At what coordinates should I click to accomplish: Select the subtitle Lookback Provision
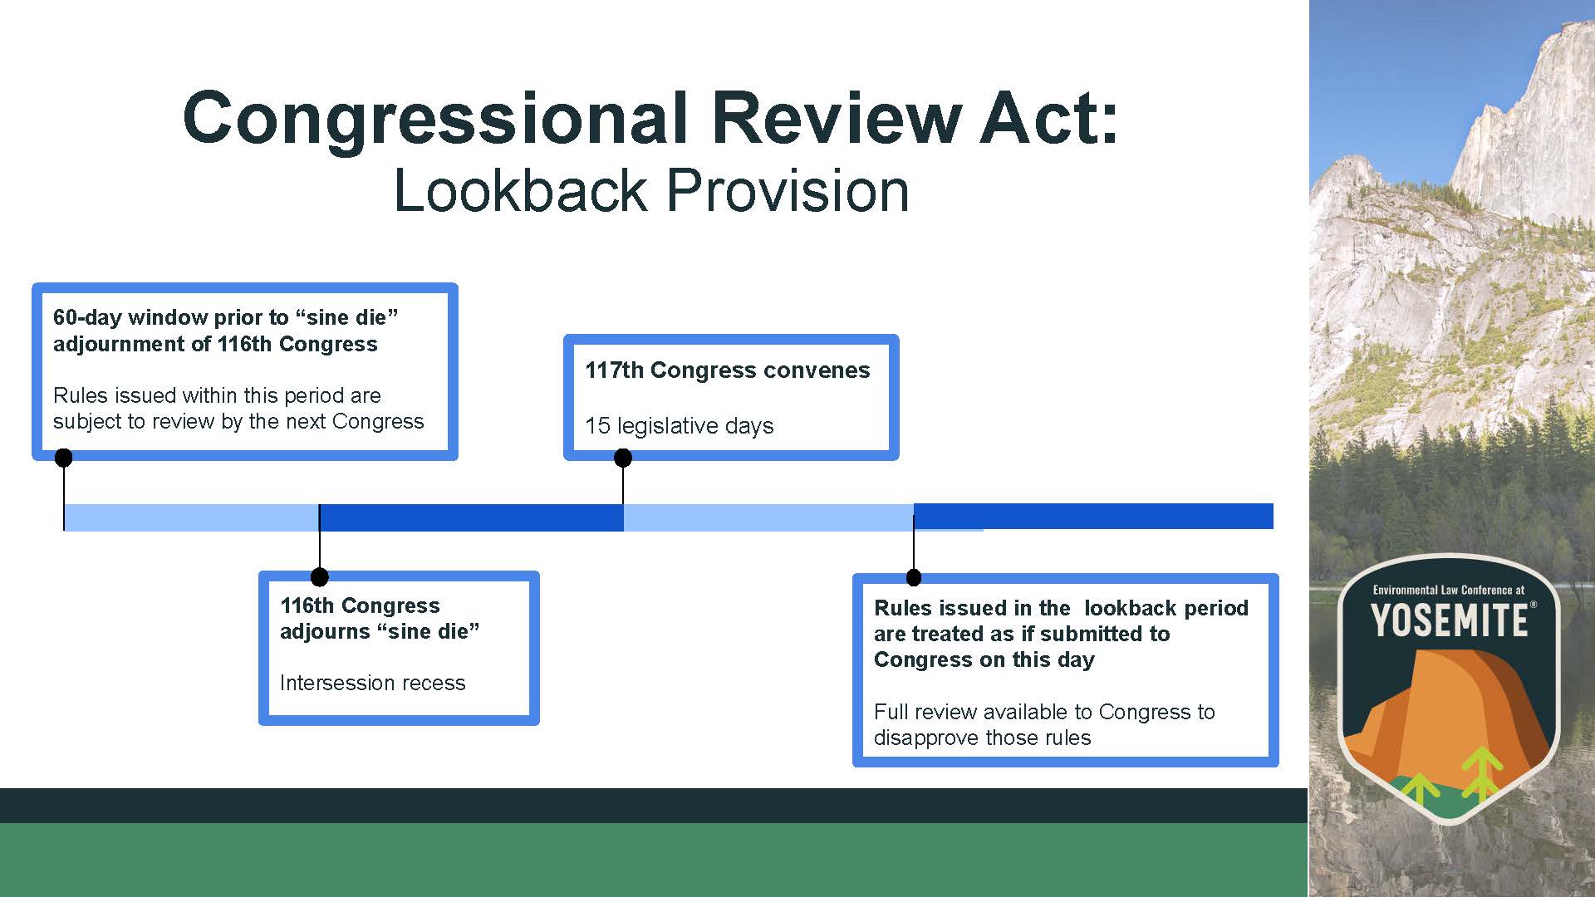[651, 190]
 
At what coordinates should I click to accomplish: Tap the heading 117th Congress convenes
[728, 370]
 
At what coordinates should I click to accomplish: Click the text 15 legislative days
[680, 426]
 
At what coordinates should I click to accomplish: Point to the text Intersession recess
[373, 683]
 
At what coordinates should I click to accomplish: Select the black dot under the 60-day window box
[63, 458]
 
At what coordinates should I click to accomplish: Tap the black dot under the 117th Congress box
[623, 458]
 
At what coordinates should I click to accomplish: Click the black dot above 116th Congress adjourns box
[319, 576]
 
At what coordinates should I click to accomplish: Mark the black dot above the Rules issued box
[914, 577]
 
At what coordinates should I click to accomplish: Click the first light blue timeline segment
[192, 517]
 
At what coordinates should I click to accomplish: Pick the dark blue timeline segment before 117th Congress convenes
[471, 517]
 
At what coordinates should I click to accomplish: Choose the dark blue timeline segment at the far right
[1093, 516]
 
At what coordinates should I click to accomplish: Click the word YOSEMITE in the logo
[1450, 620]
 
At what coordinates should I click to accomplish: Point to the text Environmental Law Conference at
[1449, 590]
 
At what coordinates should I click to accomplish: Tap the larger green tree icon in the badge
[1483, 773]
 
